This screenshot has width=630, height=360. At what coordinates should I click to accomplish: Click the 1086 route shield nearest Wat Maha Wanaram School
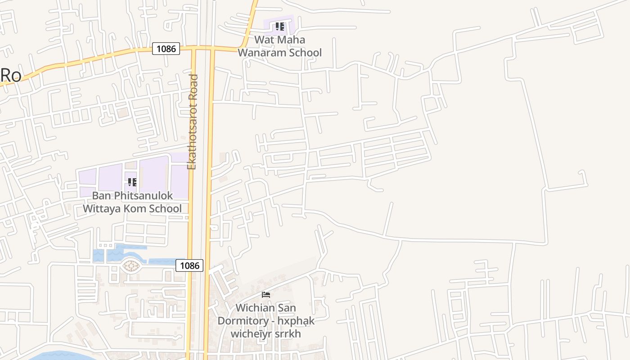tap(166, 49)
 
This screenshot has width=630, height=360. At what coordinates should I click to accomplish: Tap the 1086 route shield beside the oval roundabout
tap(189, 265)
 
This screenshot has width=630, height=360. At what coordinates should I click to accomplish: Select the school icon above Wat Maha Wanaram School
tap(280, 27)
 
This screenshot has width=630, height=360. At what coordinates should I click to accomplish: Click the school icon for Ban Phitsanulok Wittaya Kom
tap(132, 182)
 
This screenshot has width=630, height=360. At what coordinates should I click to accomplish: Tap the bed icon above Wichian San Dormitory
tap(266, 295)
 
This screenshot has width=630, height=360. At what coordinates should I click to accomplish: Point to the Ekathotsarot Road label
tap(193, 122)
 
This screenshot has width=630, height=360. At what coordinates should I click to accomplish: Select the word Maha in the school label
tap(291, 40)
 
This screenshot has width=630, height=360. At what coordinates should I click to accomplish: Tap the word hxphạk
tap(296, 321)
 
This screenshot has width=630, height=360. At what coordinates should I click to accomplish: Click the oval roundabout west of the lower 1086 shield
tap(130, 266)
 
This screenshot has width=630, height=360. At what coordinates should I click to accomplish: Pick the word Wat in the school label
tap(265, 40)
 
